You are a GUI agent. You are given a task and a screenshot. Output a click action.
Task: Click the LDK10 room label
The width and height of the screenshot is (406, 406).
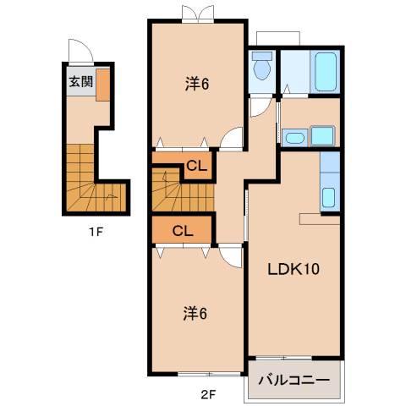coord(294,271)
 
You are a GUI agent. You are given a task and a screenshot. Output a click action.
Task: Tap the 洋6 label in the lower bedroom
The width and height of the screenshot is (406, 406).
coord(196,314)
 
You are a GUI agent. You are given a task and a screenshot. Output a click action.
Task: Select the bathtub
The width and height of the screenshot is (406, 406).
coord(326,72)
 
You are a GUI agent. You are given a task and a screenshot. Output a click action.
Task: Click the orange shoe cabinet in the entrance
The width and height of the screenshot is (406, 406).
coord(102,85)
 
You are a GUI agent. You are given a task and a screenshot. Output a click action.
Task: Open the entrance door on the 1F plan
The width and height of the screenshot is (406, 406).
coord(76,51)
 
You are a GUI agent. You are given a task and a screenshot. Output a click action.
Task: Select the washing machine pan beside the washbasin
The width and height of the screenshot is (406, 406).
coord(323,135)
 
